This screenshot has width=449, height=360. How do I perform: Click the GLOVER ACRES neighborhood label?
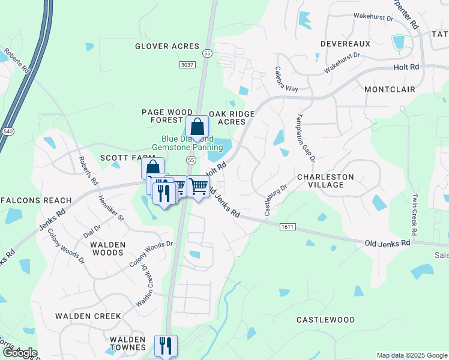point(166,46)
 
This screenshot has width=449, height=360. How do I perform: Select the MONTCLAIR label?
point(390,89)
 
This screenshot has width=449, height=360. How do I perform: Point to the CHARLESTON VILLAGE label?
point(325,181)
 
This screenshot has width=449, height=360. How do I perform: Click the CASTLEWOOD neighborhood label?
point(325,320)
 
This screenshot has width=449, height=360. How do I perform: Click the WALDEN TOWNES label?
point(127,343)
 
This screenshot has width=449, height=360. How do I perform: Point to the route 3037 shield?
point(187,64)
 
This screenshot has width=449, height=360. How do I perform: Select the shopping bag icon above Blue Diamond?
point(197,127)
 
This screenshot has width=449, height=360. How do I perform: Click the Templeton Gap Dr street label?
point(306,138)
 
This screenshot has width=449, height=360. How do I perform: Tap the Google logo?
point(20,353)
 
